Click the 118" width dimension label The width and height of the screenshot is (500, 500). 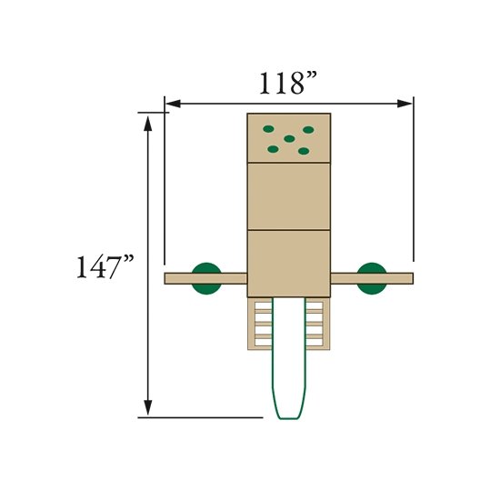288,84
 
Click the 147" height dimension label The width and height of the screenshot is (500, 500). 105,266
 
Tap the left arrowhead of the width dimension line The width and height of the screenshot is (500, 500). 173,104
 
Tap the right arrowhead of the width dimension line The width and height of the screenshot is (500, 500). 405,104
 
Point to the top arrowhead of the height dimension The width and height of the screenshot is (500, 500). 147,124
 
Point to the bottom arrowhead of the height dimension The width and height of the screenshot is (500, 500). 147,408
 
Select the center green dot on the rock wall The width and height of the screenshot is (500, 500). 289,139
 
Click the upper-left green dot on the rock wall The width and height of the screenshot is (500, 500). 268,129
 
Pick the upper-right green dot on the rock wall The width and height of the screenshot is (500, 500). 308,130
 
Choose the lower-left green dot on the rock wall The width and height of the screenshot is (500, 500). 273,149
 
